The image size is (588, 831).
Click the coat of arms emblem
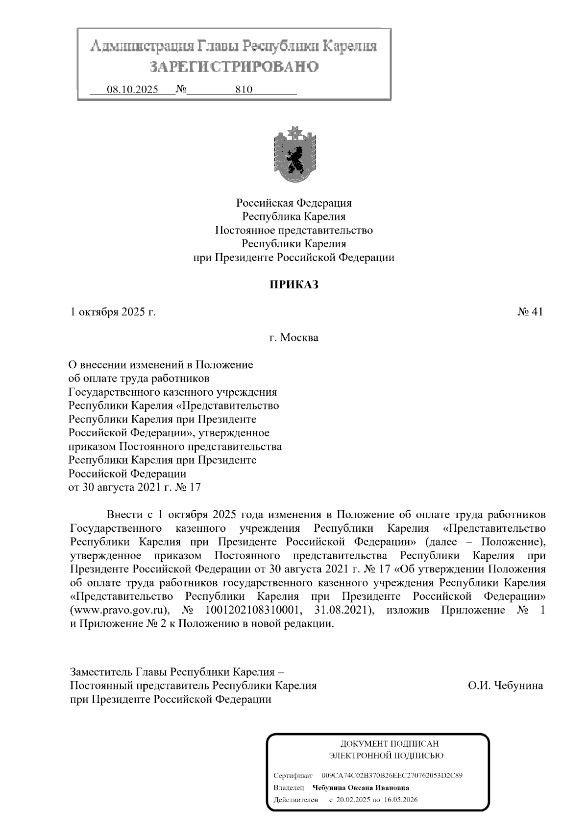tap(294, 154)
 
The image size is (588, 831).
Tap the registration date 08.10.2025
tap(133, 90)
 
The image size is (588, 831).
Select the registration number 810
tap(244, 90)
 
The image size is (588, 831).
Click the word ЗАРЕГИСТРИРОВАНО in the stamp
tap(234, 67)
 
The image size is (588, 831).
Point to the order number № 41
tap(530, 312)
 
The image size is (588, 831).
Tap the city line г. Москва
tap(294, 337)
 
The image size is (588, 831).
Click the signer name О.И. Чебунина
tap(505, 685)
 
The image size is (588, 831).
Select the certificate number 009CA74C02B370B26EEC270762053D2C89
tap(392, 776)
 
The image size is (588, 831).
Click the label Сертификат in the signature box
tap(293, 776)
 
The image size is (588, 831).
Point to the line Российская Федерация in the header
tap(294, 203)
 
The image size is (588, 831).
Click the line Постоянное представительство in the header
tap(294, 230)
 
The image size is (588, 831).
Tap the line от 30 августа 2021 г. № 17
tap(135, 488)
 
